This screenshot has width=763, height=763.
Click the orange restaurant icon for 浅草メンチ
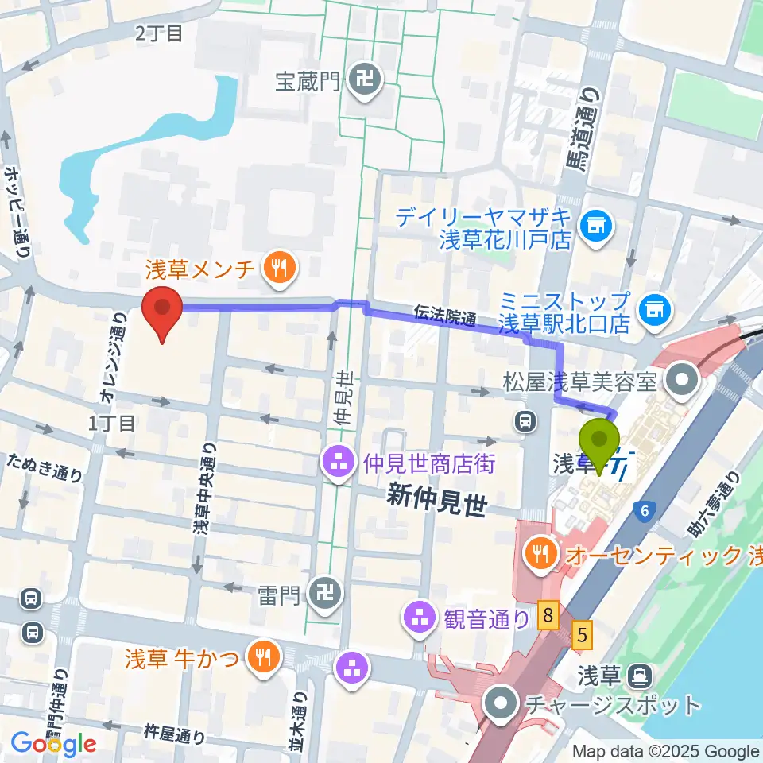[277, 268]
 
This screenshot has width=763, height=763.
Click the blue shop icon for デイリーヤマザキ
[595, 227]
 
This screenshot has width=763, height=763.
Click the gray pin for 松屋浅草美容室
[680, 381]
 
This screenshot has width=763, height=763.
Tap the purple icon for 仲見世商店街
[338, 462]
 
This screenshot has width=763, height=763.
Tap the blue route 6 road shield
[643, 513]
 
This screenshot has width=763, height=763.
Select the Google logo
[53, 744]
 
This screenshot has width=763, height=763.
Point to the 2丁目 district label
[159, 33]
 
